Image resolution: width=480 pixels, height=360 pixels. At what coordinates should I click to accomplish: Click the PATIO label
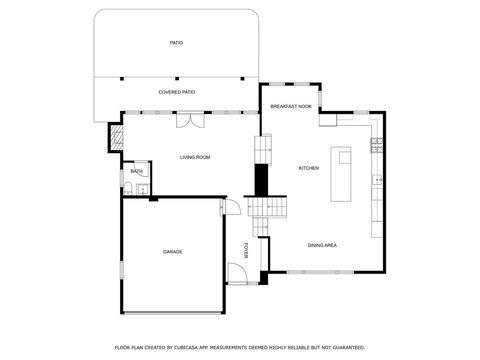(176, 43)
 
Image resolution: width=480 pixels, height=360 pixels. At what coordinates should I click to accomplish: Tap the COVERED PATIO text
(176, 92)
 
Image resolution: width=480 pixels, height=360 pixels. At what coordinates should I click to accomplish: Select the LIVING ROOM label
(194, 157)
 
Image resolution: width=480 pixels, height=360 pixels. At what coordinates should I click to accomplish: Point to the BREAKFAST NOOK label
(291, 106)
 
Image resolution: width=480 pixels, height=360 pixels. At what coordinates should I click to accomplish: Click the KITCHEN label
(308, 167)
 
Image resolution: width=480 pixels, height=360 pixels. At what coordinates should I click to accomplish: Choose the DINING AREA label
(322, 245)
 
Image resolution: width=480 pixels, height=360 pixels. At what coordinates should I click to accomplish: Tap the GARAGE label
(172, 251)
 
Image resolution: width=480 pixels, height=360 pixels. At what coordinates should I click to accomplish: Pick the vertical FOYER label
(246, 249)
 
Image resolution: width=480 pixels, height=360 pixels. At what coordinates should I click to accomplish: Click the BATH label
(136, 171)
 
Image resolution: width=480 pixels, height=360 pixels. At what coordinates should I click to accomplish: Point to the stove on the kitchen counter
(376, 145)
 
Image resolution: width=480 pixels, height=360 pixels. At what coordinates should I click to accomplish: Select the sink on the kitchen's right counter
(376, 180)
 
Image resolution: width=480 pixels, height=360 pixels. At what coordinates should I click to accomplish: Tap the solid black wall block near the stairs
(261, 181)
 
